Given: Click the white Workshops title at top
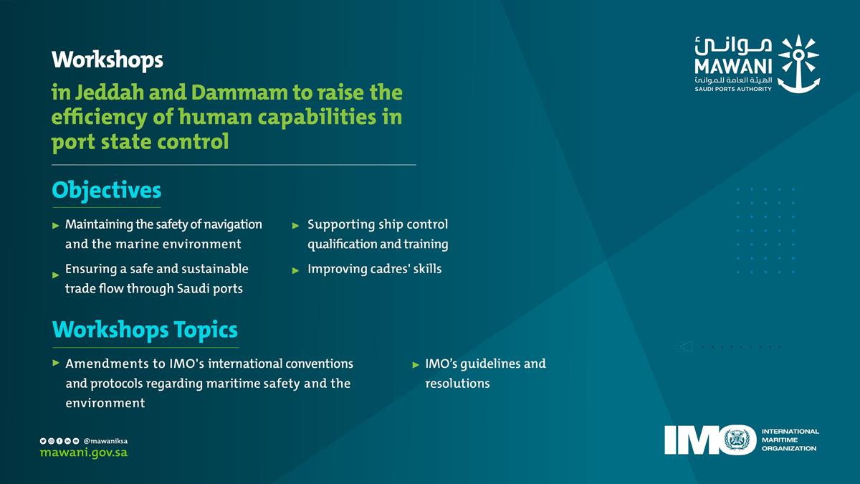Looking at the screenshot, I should tap(107, 60).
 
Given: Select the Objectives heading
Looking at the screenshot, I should tap(107, 191).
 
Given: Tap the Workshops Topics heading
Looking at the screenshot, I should tap(145, 330).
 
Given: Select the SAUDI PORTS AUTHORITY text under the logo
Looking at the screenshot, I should tap(732, 89).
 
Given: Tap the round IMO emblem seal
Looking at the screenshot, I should tap(739, 440).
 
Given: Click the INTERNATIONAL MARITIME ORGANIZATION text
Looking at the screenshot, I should tap(790, 440).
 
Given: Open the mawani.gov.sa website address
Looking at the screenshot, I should tap(84, 454).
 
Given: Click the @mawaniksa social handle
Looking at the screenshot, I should tap(105, 440).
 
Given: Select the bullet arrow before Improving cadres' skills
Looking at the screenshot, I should tap(295, 270).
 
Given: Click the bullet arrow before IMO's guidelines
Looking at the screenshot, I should tap(416, 365).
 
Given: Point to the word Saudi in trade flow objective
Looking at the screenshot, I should tap(207, 289).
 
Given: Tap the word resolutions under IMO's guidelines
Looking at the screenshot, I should tap(457, 384).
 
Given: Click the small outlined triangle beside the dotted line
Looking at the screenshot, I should tap(685, 347).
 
